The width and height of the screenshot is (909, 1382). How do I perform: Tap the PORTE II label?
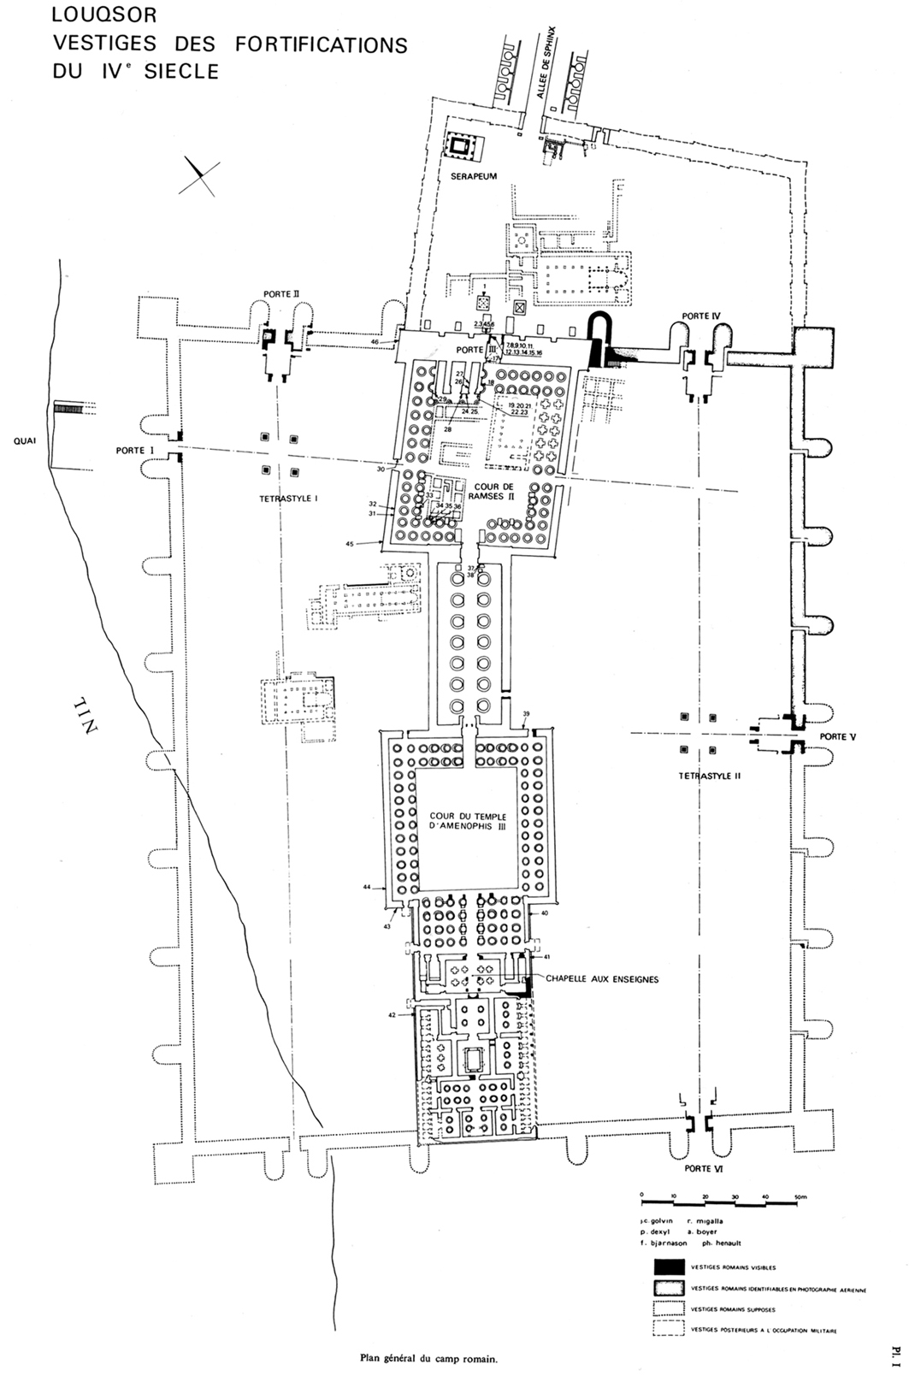pyautogui.click(x=281, y=293)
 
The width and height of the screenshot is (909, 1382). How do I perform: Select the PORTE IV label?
pyautogui.click(x=701, y=316)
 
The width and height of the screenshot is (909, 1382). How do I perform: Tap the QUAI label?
pyautogui.click(x=25, y=443)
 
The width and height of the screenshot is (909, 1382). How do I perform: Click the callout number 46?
pyautogui.click(x=374, y=342)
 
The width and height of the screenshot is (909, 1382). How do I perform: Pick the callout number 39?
pyautogui.click(x=527, y=714)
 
